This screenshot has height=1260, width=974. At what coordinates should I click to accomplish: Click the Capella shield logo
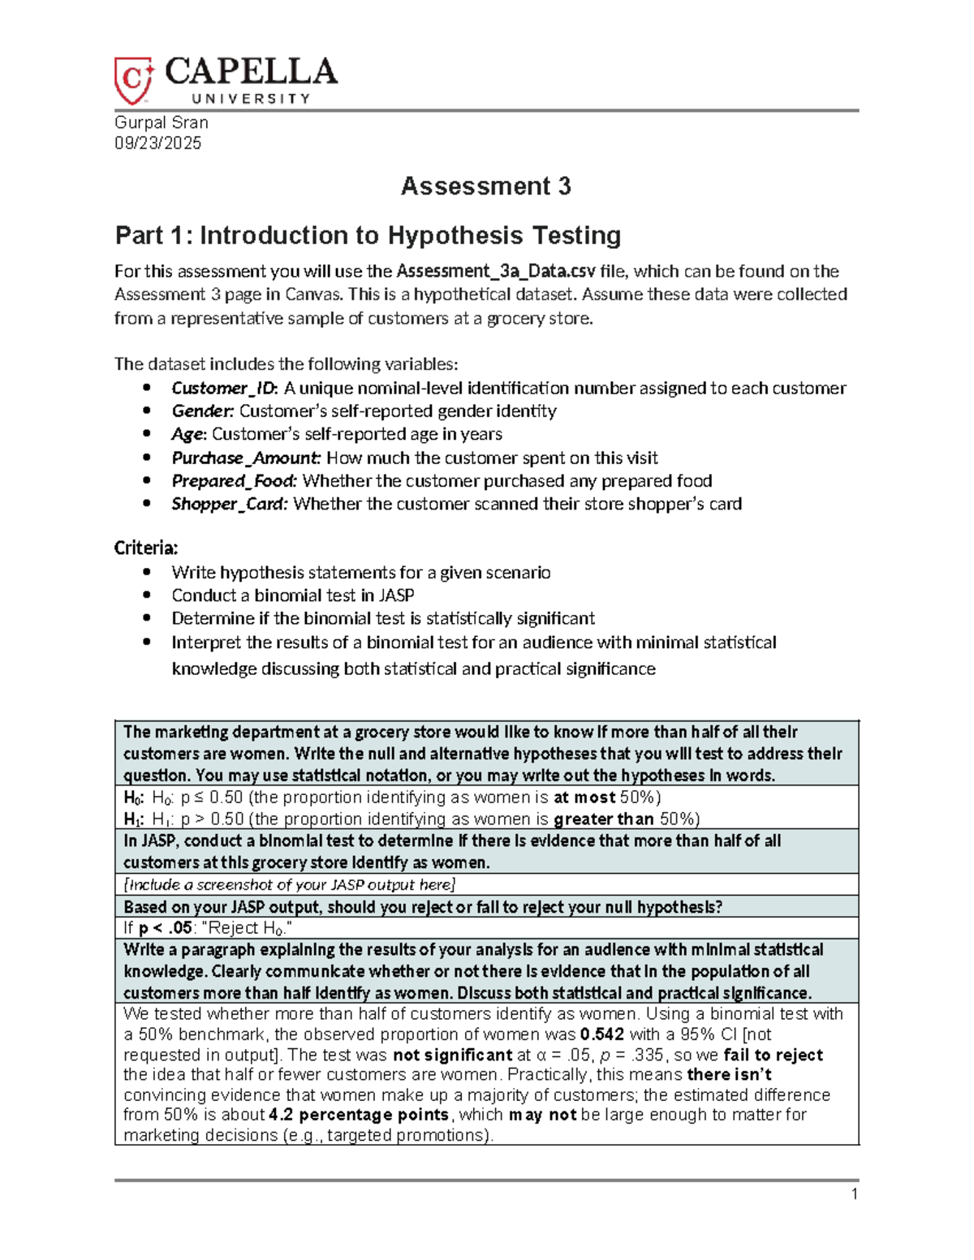(133, 80)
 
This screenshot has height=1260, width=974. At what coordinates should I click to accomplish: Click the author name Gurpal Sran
(162, 123)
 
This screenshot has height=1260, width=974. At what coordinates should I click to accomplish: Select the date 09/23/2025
(157, 144)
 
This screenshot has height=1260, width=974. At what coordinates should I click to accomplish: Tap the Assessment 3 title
(485, 187)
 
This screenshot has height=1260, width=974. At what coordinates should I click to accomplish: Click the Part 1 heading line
(368, 235)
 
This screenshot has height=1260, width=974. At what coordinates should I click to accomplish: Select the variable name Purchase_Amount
(246, 458)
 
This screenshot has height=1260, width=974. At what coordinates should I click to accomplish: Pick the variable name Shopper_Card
(229, 504)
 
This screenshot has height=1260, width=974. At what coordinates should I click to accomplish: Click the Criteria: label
(146, 548)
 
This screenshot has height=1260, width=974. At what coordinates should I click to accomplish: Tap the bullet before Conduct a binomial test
(147, 596)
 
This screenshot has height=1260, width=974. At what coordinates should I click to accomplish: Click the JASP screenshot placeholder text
(290, 884)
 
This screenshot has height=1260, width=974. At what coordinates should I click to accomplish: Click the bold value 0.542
(602, 1034)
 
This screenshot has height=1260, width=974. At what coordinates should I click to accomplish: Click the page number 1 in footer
(854, 1193)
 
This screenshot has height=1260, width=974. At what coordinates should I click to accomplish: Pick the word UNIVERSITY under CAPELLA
(251, 99)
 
